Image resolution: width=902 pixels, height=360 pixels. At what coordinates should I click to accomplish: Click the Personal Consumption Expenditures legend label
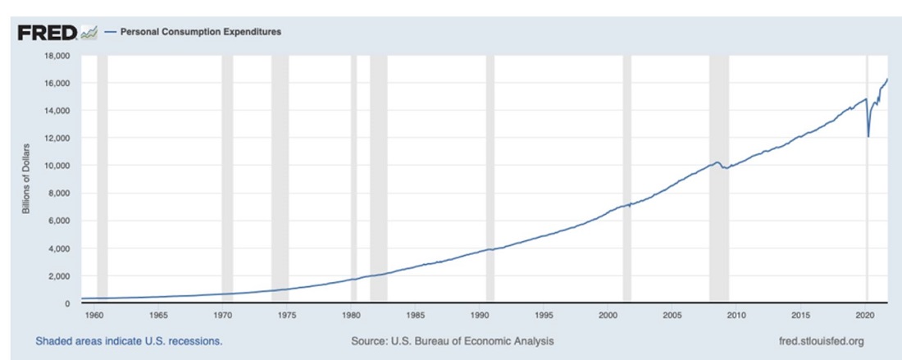201,32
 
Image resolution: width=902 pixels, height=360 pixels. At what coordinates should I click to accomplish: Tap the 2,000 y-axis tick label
59,276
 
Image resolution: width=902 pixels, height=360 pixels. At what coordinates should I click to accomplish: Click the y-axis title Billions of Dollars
26,179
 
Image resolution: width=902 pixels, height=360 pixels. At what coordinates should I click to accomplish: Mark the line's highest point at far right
887,80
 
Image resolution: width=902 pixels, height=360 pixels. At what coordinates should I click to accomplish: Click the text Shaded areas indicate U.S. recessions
129,340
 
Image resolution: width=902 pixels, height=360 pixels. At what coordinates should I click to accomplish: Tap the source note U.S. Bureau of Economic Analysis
451,340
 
